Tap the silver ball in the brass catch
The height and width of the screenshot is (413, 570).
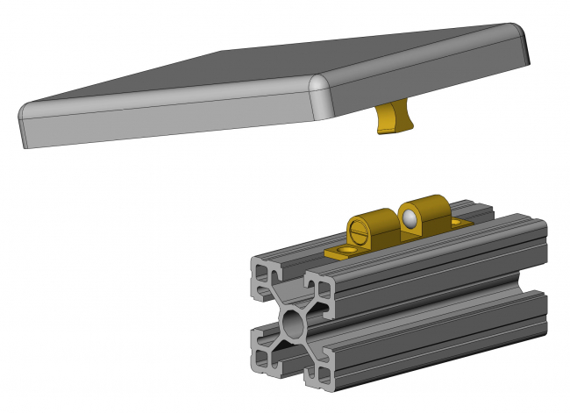pyautogui.click(x=409, y=217)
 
